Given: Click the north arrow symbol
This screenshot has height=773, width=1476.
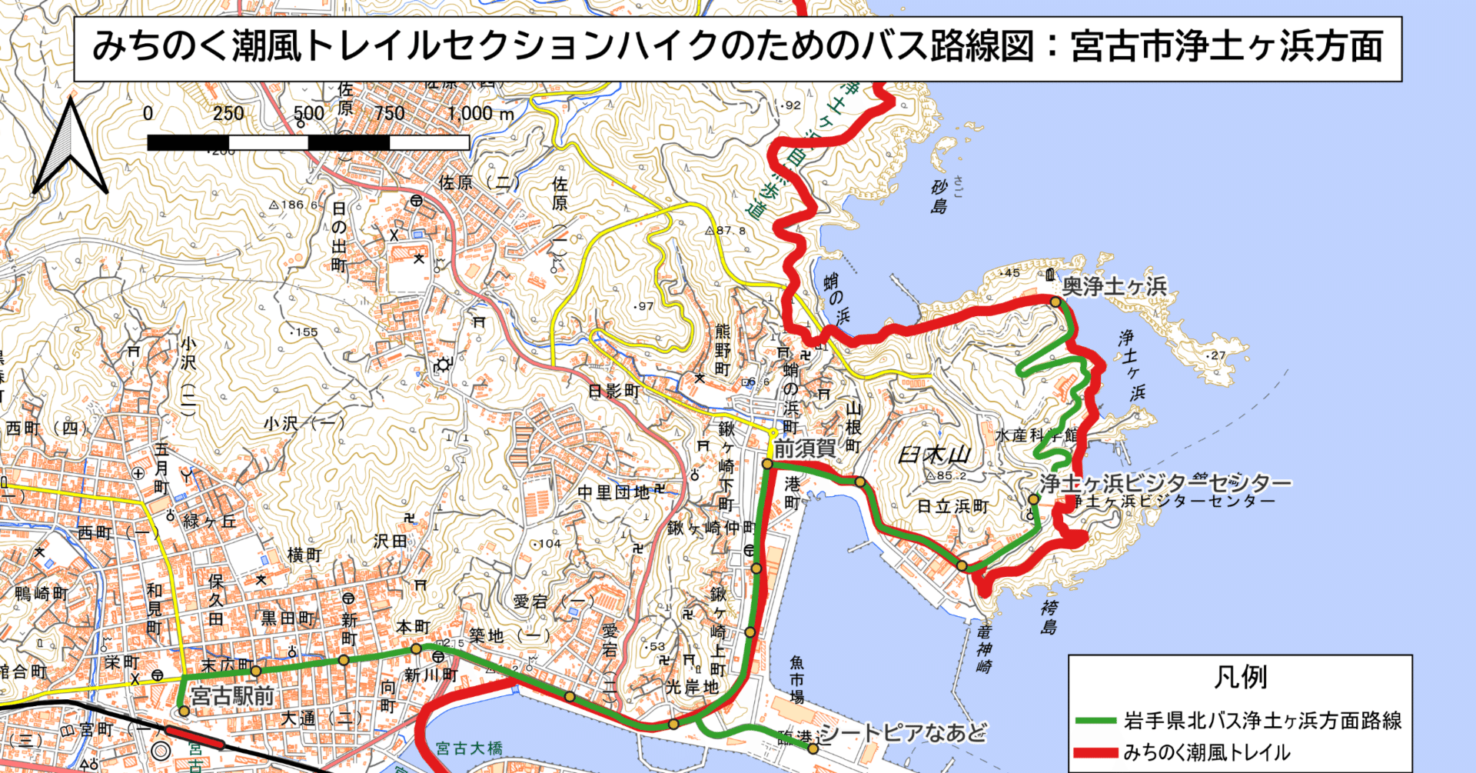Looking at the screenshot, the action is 70,148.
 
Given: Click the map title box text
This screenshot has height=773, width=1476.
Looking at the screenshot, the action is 737,47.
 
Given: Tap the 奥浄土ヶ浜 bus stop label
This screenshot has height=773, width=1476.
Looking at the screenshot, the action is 1114,287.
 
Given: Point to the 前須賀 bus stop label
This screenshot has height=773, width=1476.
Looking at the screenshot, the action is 804,448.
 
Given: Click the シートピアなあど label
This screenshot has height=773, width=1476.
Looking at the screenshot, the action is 903,733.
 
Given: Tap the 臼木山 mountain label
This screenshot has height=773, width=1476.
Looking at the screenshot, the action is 935,455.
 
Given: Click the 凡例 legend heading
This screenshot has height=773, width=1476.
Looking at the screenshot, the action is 1240,678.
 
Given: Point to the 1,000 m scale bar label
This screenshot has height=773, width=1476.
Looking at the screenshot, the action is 480,114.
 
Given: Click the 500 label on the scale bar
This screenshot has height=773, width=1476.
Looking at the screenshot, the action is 308,114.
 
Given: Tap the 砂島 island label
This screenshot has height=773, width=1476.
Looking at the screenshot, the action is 939,196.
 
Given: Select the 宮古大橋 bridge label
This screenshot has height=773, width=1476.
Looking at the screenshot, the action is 469,748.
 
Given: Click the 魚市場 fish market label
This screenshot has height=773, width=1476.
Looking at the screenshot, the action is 796,680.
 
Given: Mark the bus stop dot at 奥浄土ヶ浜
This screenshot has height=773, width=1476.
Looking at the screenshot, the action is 1055,302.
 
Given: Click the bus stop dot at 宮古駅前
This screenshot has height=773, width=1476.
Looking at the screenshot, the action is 184,711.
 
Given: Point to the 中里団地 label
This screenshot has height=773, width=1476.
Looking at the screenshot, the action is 613,492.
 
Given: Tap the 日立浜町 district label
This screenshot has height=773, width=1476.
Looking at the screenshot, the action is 952,506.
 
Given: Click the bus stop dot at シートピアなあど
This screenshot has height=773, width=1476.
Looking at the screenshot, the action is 813,748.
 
